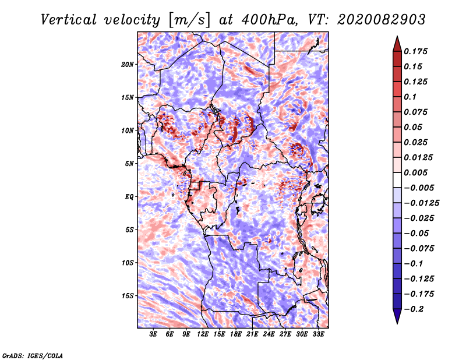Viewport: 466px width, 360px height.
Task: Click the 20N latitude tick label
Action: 128,64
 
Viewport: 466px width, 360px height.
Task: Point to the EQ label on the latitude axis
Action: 130,197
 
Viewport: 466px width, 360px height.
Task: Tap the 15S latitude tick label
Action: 128,296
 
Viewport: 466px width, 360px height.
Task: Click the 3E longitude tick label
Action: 154,335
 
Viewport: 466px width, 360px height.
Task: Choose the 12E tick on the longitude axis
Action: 203,335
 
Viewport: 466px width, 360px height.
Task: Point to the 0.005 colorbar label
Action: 417,172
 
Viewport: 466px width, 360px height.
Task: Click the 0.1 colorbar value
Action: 411,97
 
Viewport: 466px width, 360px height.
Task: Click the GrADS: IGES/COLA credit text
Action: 32,355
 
